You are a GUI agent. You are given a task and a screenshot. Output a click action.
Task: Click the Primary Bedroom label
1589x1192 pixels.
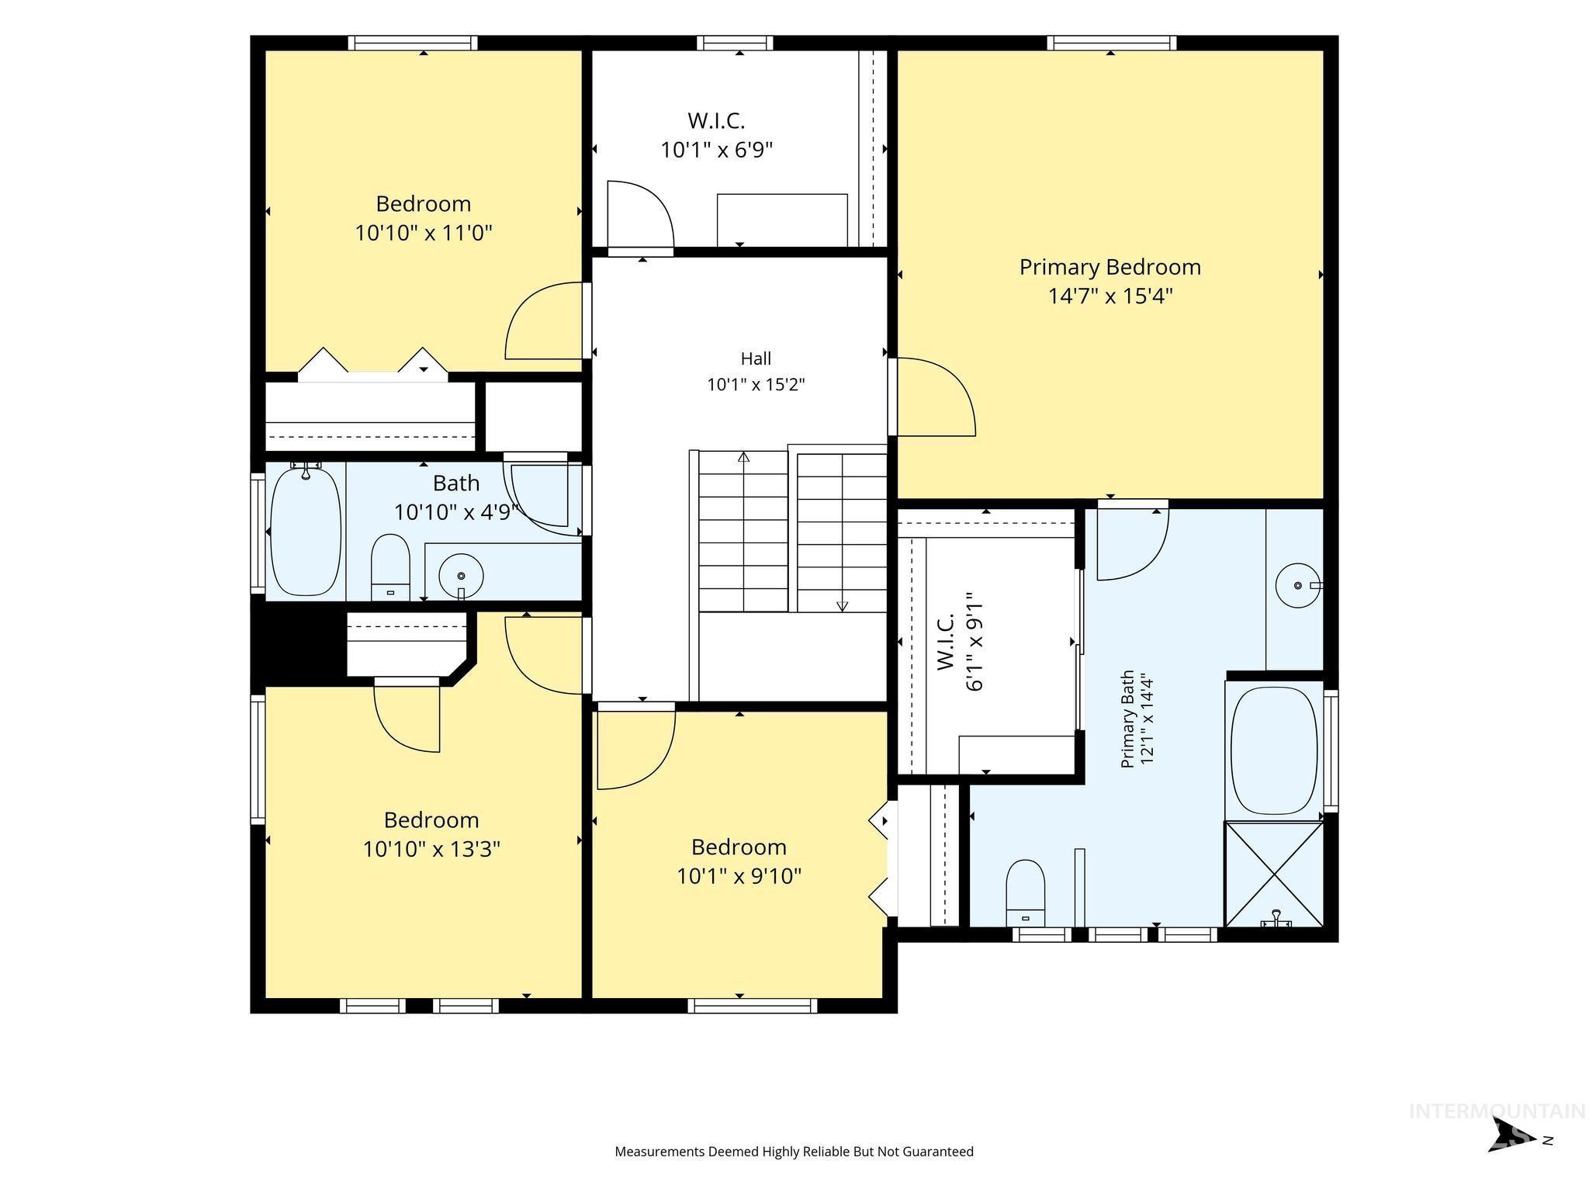[x=1110, y=267]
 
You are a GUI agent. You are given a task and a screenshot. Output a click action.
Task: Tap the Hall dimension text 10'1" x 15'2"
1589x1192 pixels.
[x=756, y=384]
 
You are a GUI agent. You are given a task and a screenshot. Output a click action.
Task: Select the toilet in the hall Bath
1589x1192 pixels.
[x=390, y=567]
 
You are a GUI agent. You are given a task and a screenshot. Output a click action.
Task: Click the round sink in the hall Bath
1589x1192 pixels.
[x=461, y=576]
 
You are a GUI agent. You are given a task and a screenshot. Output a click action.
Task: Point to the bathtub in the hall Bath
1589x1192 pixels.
[x=305, y=531]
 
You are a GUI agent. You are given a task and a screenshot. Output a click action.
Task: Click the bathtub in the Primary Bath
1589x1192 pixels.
[x=1274, y=750]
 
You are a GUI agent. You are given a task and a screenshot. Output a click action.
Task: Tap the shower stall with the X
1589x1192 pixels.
[x=1274, y=874]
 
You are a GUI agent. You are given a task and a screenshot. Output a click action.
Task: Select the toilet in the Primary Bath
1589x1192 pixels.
[x=1026, y=892]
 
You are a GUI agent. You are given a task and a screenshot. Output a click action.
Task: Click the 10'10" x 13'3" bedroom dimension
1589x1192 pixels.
[x=431, y=849]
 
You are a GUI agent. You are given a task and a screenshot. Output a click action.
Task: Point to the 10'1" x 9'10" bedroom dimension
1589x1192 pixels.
[x=739, y=876]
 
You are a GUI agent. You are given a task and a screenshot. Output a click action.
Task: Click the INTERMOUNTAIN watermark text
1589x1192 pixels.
[x=1497, y=1111]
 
